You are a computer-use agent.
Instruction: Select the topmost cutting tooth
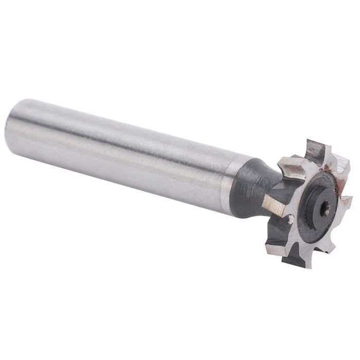pyautogui.click(x=315, y=151)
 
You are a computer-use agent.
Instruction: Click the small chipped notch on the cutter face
pyautogui.click(x=291, y=219)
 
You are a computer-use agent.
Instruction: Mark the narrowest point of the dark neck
pyautogui.click(x=273, y=188)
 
